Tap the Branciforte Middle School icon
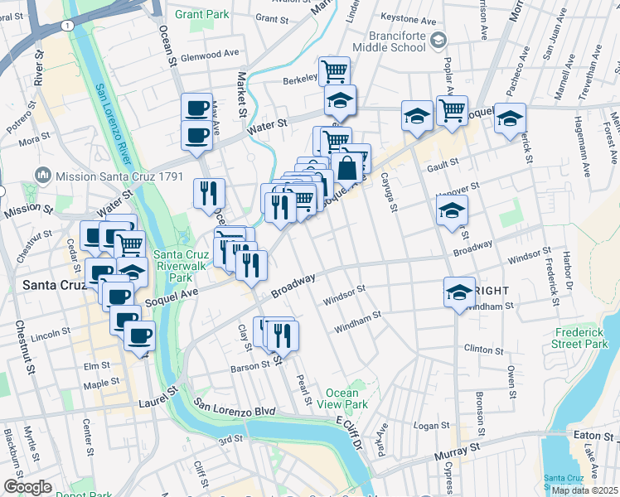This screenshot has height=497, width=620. [439, 38]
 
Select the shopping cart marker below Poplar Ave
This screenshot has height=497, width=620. [452, 109]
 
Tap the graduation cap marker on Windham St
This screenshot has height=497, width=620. [459, 292]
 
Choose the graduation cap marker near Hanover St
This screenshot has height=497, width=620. [452, 210]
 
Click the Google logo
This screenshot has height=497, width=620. [27, 487]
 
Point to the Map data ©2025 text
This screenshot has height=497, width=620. [584, 490]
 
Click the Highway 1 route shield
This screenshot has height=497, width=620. [64, 27]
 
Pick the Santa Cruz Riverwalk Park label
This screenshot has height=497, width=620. [177, 266]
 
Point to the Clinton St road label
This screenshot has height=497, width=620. [484, 349]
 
